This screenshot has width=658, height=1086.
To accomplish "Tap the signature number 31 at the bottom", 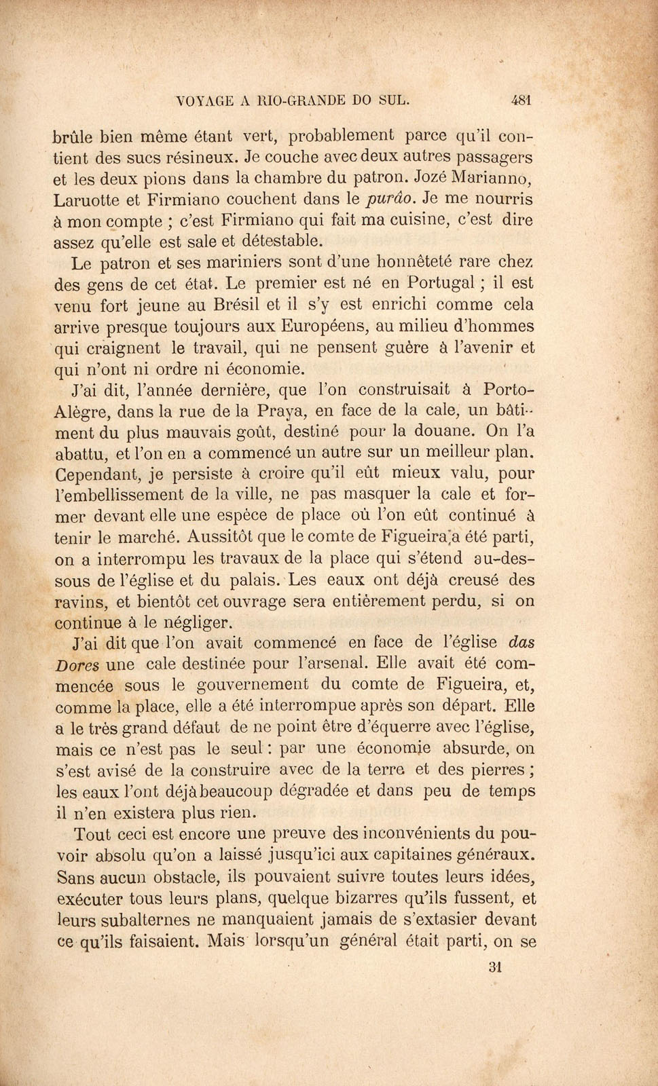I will pyautogui.click(x=494, y=967).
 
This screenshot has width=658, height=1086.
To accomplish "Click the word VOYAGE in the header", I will pyautogui.click(x=204, y=101).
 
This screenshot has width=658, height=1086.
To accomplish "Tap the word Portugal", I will pyautogui.click(x=444, y=282).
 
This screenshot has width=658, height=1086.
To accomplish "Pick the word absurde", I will pyautogui.click(x=477, y=749).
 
